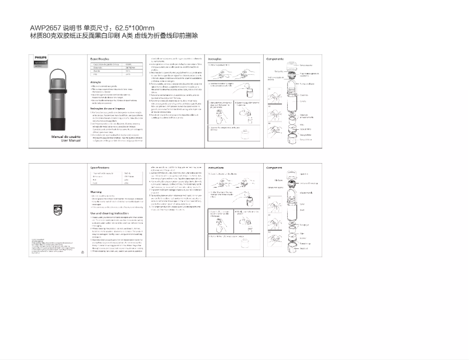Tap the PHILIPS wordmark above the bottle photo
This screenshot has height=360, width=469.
click(x=40, y=58)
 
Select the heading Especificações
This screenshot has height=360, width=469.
click(x=99, y=59)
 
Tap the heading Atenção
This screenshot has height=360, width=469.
click(x=95, y=82)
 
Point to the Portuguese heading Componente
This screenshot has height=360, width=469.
click(x=275, y=59)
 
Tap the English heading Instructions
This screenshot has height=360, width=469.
click(x=218, y=167)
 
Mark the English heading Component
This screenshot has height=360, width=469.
click(x=274, y=167)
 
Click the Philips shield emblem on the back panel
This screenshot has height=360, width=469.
click(x=57, y=209)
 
